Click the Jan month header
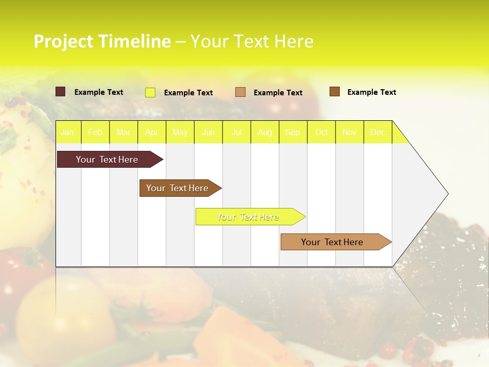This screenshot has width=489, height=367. point(68,132)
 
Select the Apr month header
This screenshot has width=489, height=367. point(152,132)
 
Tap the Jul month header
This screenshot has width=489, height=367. point(237,132)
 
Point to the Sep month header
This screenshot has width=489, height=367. point(293,132)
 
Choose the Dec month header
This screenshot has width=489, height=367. point(378,132)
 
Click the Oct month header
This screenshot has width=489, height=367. point(321,132)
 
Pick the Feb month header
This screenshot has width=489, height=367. point(95,132)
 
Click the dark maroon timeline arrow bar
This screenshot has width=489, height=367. point(107,160)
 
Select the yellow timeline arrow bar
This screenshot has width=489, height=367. point(248,217)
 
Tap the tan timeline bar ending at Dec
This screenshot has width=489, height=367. point(332,242)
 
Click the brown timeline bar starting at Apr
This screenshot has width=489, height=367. point(177,188)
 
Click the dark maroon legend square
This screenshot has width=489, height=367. point(61,92)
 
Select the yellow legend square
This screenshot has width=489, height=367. point(150,92)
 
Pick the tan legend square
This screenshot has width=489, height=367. point(240,92)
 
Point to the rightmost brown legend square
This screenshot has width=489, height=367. point(335,92)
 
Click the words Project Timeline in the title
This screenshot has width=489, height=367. point(102,41)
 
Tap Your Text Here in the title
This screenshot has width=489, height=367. point(252,41)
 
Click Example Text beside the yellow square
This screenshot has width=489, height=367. point(188,93)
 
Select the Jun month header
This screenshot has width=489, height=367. point(208,132)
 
